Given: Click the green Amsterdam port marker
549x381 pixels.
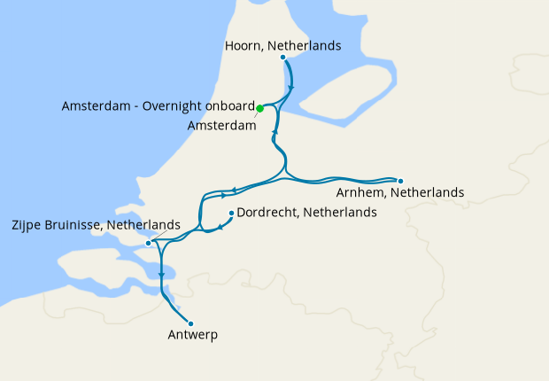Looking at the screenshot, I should point(259,109).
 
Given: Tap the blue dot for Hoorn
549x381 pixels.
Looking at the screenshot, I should point(282,58).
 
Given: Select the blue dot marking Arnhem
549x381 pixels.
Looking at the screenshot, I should point(400,181).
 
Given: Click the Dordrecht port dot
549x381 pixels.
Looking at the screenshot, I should point(231,213).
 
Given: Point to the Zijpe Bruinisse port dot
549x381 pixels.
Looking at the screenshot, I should point(148,243).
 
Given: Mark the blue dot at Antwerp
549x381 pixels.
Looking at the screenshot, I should point(190,323).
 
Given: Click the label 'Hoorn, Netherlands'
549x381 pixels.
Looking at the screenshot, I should point(282,45).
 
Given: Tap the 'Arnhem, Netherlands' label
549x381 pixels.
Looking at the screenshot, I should point(400,192).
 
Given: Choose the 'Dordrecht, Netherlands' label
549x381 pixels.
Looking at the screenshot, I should point(306,213).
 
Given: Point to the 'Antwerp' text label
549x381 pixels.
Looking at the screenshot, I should point(192,336).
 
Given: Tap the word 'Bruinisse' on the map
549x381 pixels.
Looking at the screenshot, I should point(73,226).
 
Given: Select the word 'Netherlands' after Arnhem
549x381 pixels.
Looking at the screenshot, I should point(429,192).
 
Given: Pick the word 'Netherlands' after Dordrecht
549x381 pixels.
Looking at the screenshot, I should point(340,213).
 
